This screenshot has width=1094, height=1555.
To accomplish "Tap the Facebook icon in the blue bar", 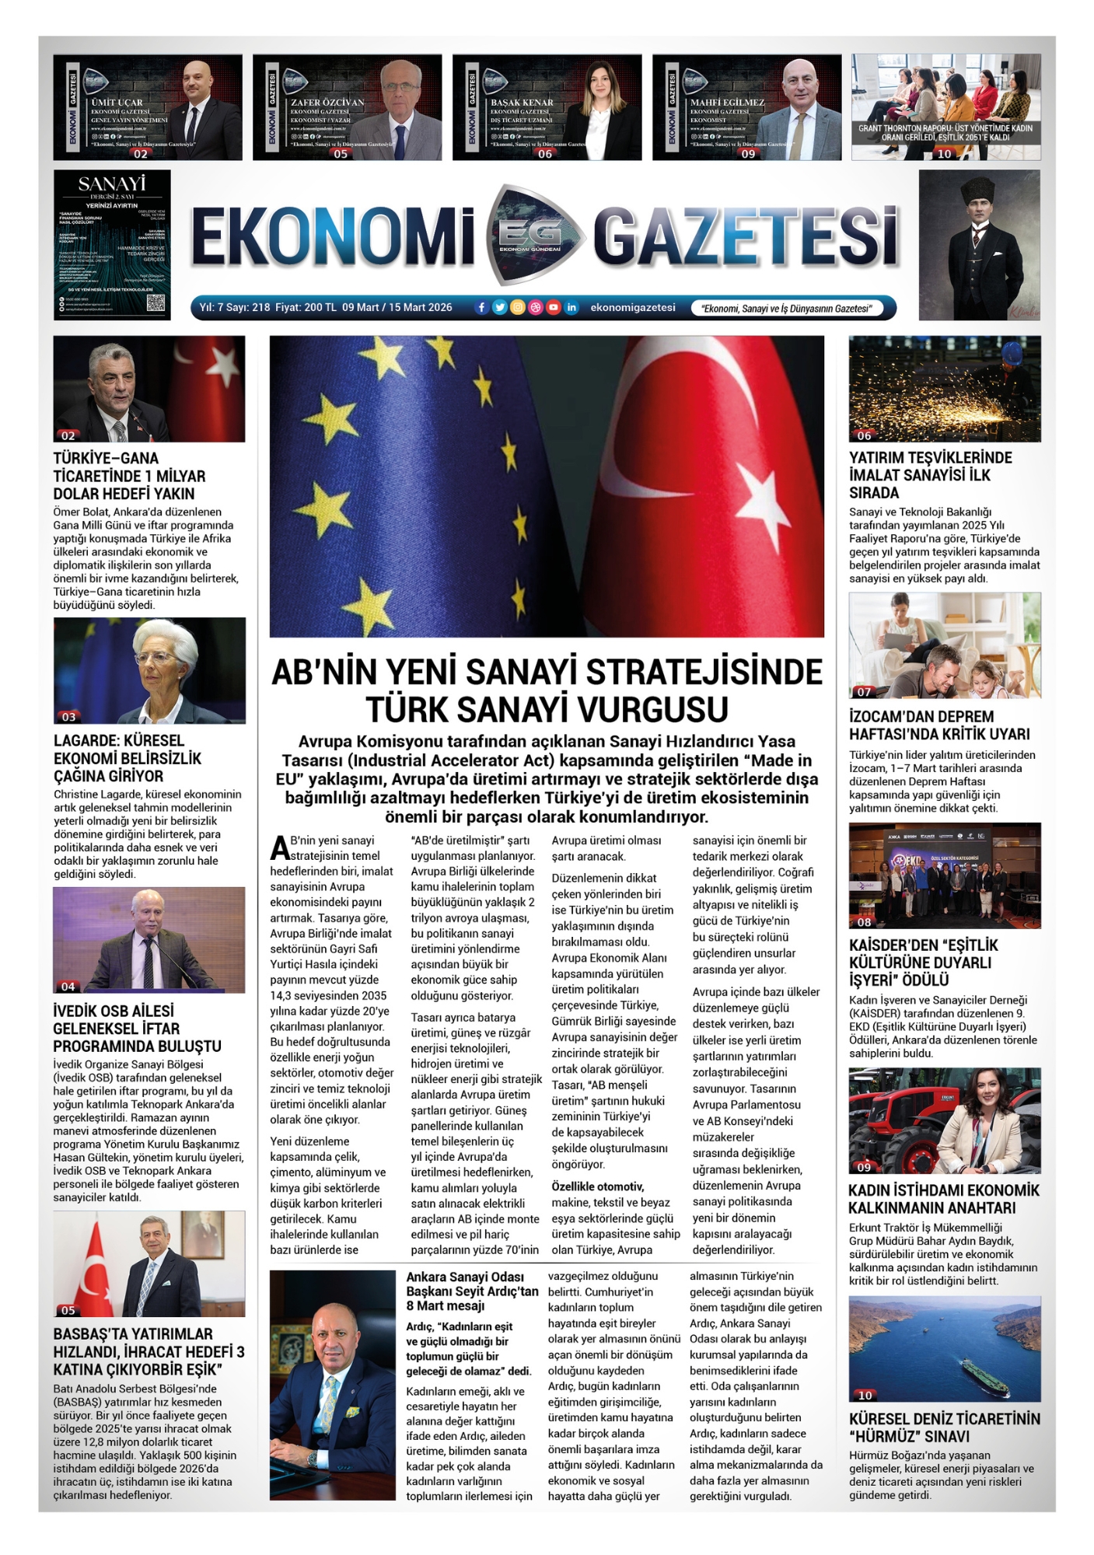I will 481,308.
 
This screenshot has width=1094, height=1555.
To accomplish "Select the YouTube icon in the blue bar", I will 553,308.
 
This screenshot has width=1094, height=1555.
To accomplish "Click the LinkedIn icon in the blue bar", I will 571,308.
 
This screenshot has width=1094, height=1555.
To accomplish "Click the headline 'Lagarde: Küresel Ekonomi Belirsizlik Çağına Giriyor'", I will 128,758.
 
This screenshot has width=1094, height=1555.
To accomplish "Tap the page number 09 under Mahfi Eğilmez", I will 748,154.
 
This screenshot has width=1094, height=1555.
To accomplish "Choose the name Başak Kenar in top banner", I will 522,103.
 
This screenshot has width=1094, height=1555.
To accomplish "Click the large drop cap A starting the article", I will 279,848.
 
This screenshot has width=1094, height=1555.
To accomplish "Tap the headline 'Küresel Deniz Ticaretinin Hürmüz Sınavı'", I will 944,1427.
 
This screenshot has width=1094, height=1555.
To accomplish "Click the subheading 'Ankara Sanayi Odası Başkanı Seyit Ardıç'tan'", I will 472,1284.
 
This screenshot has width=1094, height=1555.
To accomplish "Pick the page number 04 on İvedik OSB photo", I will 68,987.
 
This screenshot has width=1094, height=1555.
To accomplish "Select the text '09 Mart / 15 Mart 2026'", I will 397,308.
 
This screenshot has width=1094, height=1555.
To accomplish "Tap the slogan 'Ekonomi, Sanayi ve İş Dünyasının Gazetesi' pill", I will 786,309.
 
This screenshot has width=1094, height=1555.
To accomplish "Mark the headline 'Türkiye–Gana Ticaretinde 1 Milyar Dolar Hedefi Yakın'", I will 129,476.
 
